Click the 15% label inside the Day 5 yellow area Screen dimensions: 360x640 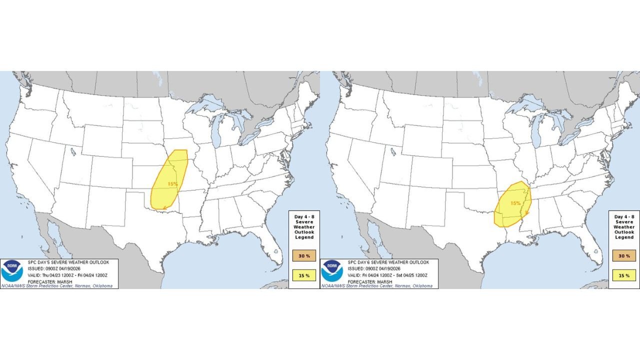coord(172,184)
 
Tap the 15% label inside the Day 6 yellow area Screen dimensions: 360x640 coord(515,203)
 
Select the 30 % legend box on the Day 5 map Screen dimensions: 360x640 coord(304,256)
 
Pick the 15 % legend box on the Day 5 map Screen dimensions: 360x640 coord(304,275)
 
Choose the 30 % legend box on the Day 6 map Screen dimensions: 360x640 coord(624,256)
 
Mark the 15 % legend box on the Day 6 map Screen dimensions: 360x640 coord(624,275)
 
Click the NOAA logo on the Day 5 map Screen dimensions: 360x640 coord(12,270)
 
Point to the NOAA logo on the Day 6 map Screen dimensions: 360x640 coord(332,270)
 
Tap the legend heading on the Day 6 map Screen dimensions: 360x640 coord(624,227)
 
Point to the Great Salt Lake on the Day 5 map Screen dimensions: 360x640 coord(73,151)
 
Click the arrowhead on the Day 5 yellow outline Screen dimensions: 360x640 coord(164,207)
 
